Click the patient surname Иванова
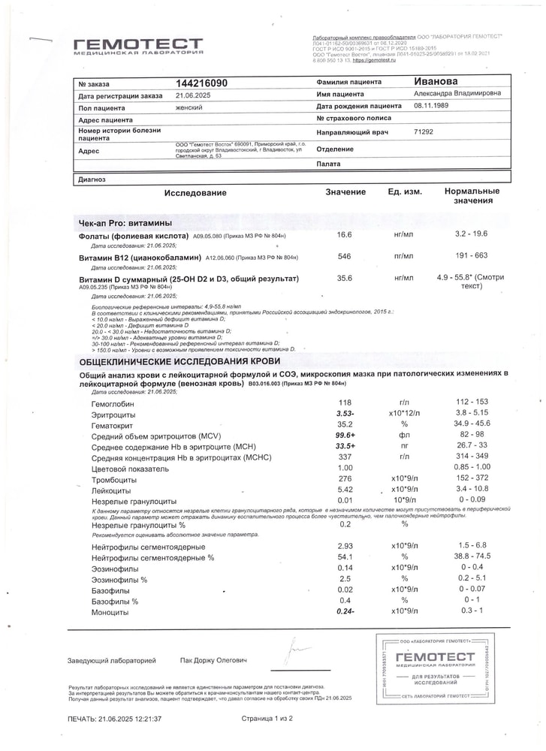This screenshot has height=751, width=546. [436, 81]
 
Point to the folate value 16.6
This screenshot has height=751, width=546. [344, 235]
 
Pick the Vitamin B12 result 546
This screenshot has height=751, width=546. [344, 257]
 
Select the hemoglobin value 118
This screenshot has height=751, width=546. [345, 403]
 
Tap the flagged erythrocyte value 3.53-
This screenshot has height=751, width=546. [345, 414]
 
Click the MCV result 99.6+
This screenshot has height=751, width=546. [345, 435]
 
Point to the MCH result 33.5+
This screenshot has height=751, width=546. [345, 446]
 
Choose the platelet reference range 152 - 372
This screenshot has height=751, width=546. [472, 478]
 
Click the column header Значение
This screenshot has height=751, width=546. [345, 192]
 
